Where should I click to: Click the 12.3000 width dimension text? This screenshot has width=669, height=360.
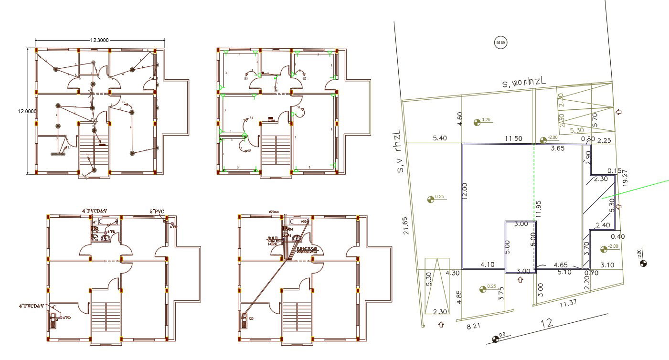[99, 41]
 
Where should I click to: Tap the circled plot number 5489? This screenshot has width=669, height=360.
[500, 42]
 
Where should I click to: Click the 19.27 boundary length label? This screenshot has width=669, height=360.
[626, 176]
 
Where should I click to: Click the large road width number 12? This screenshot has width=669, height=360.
[547, 323]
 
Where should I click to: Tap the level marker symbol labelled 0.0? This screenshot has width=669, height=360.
[495, 339]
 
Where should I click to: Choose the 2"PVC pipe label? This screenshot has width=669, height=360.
[158, 211]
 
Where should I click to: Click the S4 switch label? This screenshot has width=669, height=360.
[251, 117]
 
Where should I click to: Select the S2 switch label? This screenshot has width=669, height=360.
[304, 78]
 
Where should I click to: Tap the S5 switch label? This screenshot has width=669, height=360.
[249, 150]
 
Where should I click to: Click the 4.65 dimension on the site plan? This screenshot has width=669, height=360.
[560, 265]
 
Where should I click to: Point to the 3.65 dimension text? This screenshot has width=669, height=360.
[558, 148]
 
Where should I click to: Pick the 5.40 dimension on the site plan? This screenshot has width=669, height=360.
[440, 138]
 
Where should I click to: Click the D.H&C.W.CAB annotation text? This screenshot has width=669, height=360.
[307, 248]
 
